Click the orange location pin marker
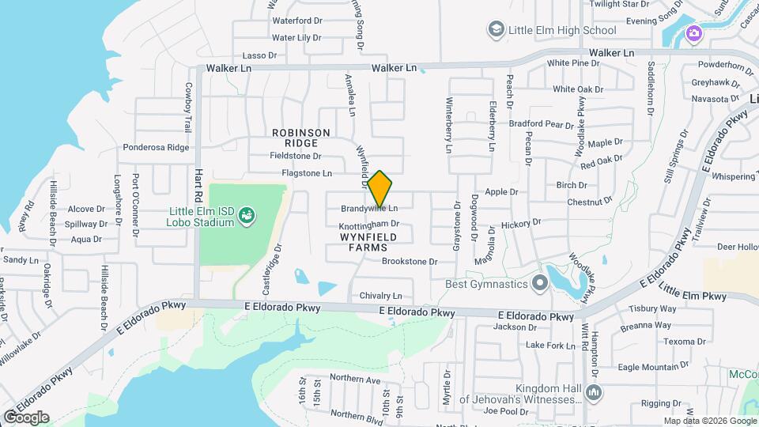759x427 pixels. (x=379, y=188)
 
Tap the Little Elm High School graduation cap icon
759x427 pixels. (x=496, y=30)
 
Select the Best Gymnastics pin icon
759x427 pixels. (x=540, y=282)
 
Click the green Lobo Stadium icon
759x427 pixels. (x=247, y=214)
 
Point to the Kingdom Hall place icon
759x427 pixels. (x=595, y=392)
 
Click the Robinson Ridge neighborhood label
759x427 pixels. (x=295, y=138)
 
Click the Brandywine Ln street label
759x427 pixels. (x=369, y=209)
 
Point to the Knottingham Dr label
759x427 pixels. (x=369, y=225)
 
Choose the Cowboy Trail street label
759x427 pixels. (x=188, y=107)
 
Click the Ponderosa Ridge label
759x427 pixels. (x=156, y=147)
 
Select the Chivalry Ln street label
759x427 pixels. (x=381, y=296)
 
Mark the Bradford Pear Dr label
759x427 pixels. (x=541, y=123)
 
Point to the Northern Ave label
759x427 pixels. (x=355, y=379)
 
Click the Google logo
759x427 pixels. (x=26, y=417)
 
